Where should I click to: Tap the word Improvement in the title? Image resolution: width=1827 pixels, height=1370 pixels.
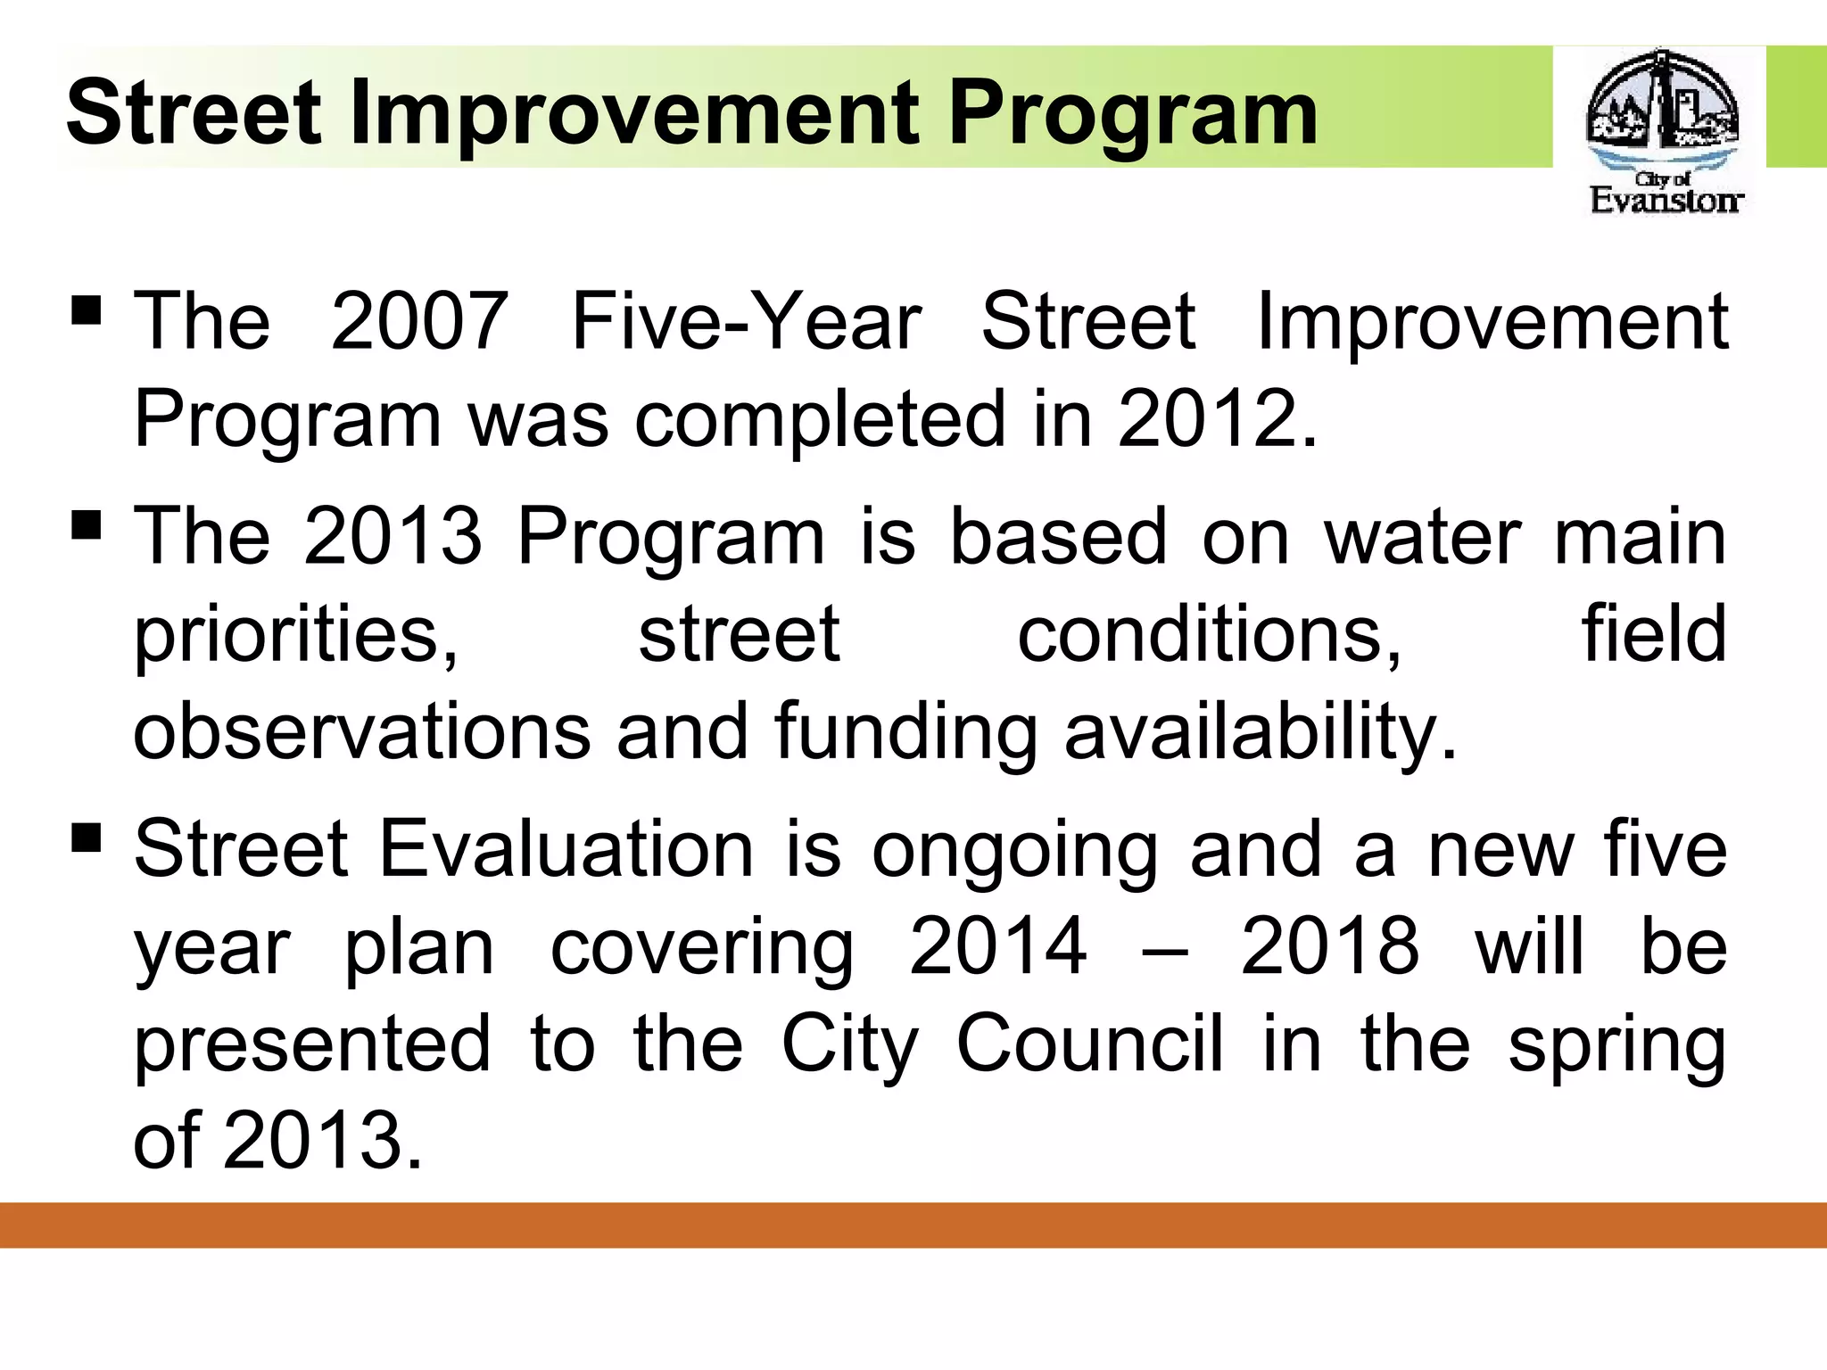click(633, 114)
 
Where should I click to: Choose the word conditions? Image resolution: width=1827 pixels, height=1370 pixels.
click(1209, 635)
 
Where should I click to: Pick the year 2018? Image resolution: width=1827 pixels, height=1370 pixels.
click(1329, 947)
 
